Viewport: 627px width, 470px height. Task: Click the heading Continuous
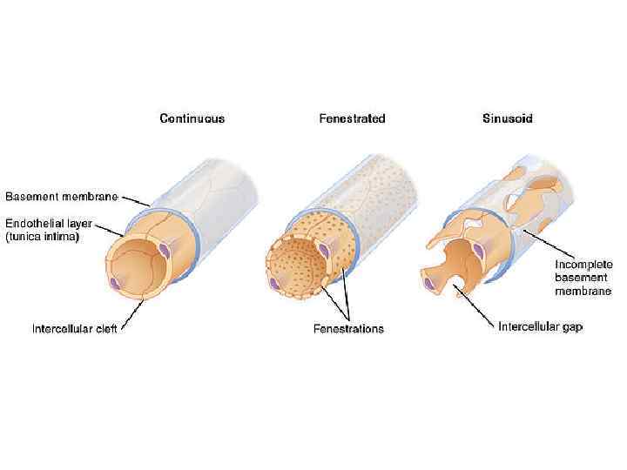[x=192, y=118]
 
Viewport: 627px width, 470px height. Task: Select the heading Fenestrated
[x=352, y=118]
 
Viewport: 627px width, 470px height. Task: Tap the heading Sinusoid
[x=508, y=118]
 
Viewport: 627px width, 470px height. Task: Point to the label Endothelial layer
[x=50, y=223]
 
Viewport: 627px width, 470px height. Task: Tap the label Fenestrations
[x=348, y=329]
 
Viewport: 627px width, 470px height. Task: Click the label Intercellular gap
[x=540, y=327]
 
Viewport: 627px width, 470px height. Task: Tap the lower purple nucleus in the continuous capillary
[x=115, y=284]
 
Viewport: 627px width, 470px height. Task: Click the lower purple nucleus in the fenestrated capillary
[x=276, y=284]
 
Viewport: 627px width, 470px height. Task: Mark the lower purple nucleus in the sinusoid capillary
[x=428, y=280]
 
